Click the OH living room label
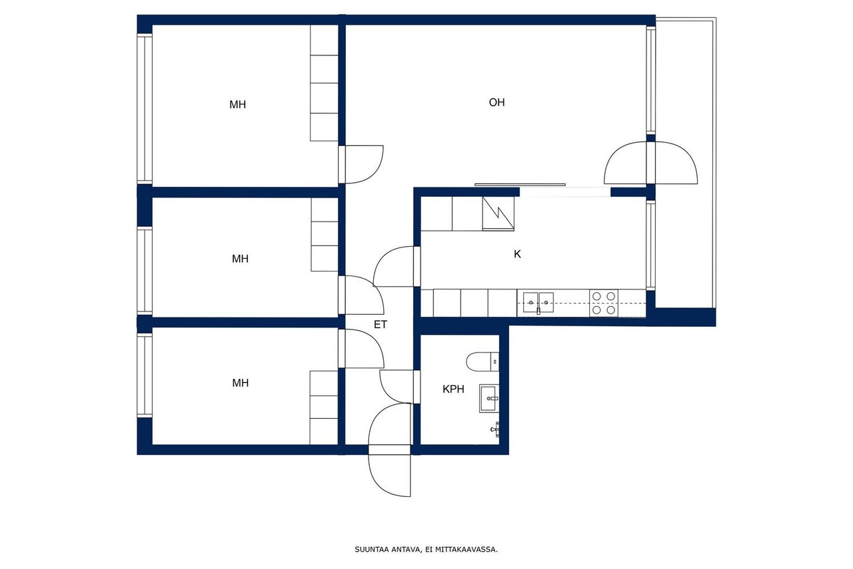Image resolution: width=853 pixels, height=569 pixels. (496, 102)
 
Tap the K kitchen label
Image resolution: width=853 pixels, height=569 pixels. (517, 254)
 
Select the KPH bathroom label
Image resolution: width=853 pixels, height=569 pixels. (453, 389)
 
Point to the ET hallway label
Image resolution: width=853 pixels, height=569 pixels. (381, 324)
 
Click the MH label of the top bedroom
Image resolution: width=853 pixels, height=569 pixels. (238, 105)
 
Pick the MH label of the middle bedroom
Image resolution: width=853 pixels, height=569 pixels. (241, 259)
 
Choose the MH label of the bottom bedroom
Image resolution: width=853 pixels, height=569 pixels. (241, 383)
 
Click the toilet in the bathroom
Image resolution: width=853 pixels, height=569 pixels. (482, 362)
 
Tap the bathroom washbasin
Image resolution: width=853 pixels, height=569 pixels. (489, 398)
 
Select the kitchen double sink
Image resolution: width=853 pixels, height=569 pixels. (538, 303)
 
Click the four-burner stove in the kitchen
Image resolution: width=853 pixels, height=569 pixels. (604, 303)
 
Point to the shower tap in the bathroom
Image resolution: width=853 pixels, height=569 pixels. (495, 429)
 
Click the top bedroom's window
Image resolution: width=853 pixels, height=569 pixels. (145, 109)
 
